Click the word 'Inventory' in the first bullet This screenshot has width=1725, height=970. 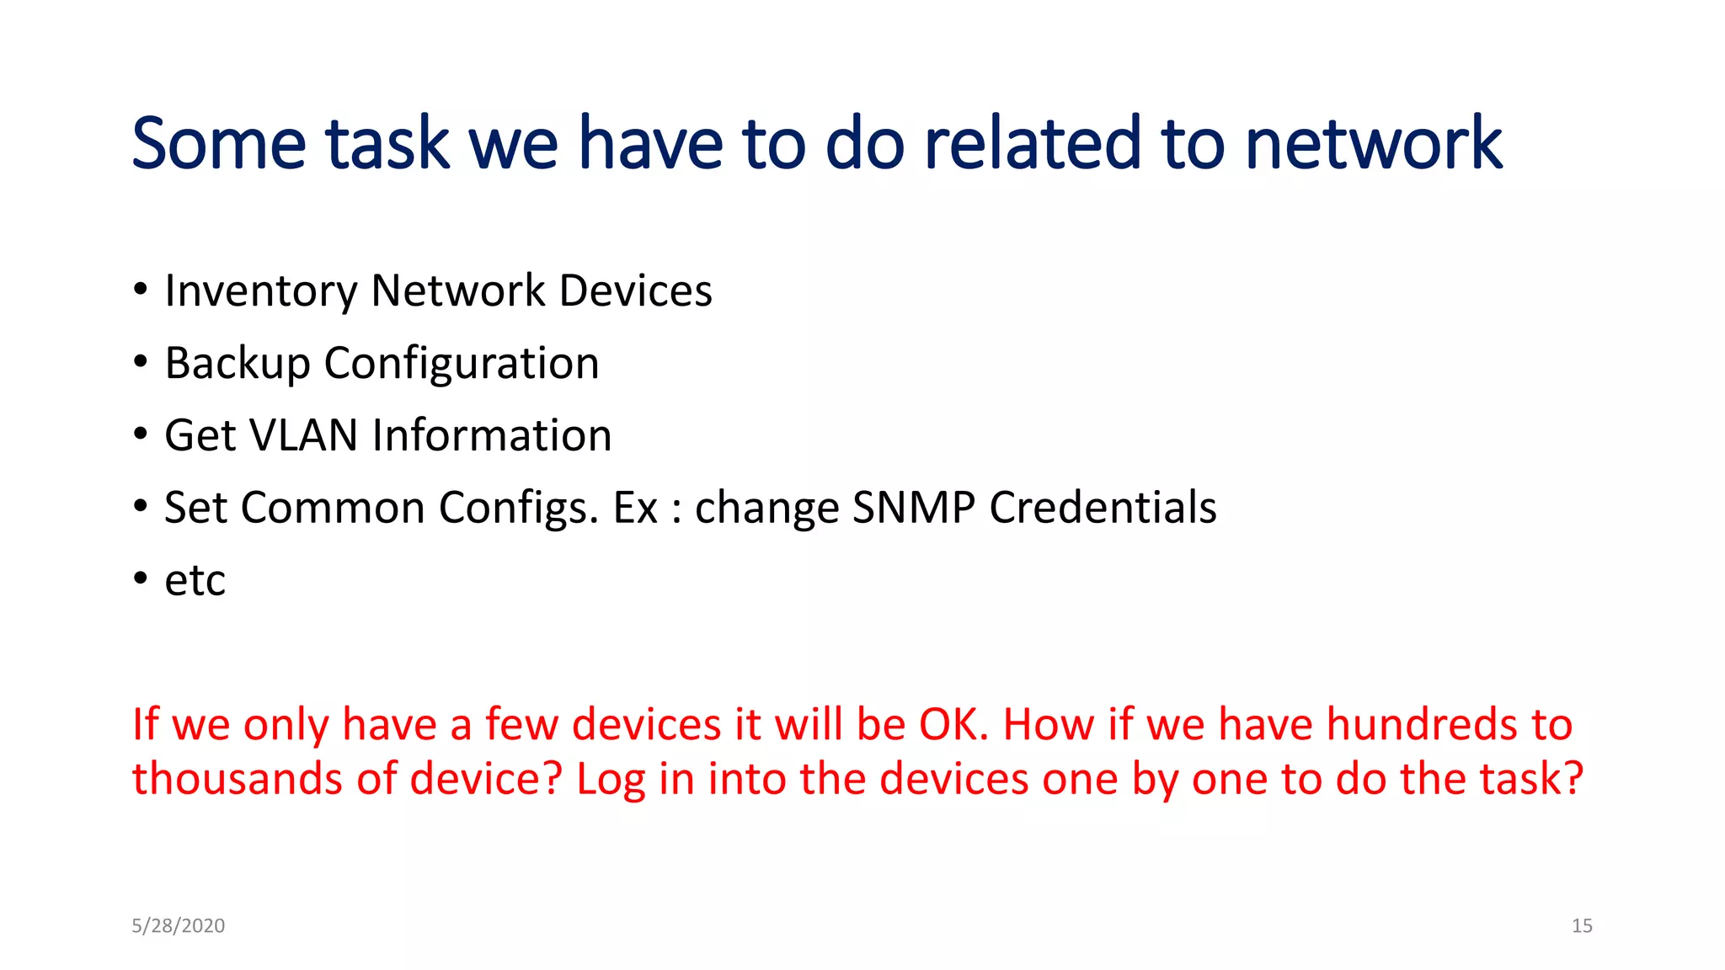pos(260,291)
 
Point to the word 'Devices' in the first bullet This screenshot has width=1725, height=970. pos(635,291)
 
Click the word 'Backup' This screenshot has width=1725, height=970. pos(238,364)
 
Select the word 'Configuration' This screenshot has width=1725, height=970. pos(462,364)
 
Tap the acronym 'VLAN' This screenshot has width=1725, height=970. pos(304,435)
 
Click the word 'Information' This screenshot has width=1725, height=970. pos(492,435)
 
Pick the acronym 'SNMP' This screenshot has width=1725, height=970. pos(913,508)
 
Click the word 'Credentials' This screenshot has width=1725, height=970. pos(1103,508)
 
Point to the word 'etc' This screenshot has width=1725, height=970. pos(195,581)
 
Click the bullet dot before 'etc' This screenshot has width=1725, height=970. pos(141,578)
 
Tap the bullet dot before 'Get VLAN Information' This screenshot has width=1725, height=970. pos(141,434)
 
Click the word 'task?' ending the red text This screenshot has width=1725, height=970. pos(1532,778)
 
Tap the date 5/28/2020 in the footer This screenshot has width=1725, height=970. pos(178,925)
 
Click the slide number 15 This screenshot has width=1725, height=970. pos(1582,925)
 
